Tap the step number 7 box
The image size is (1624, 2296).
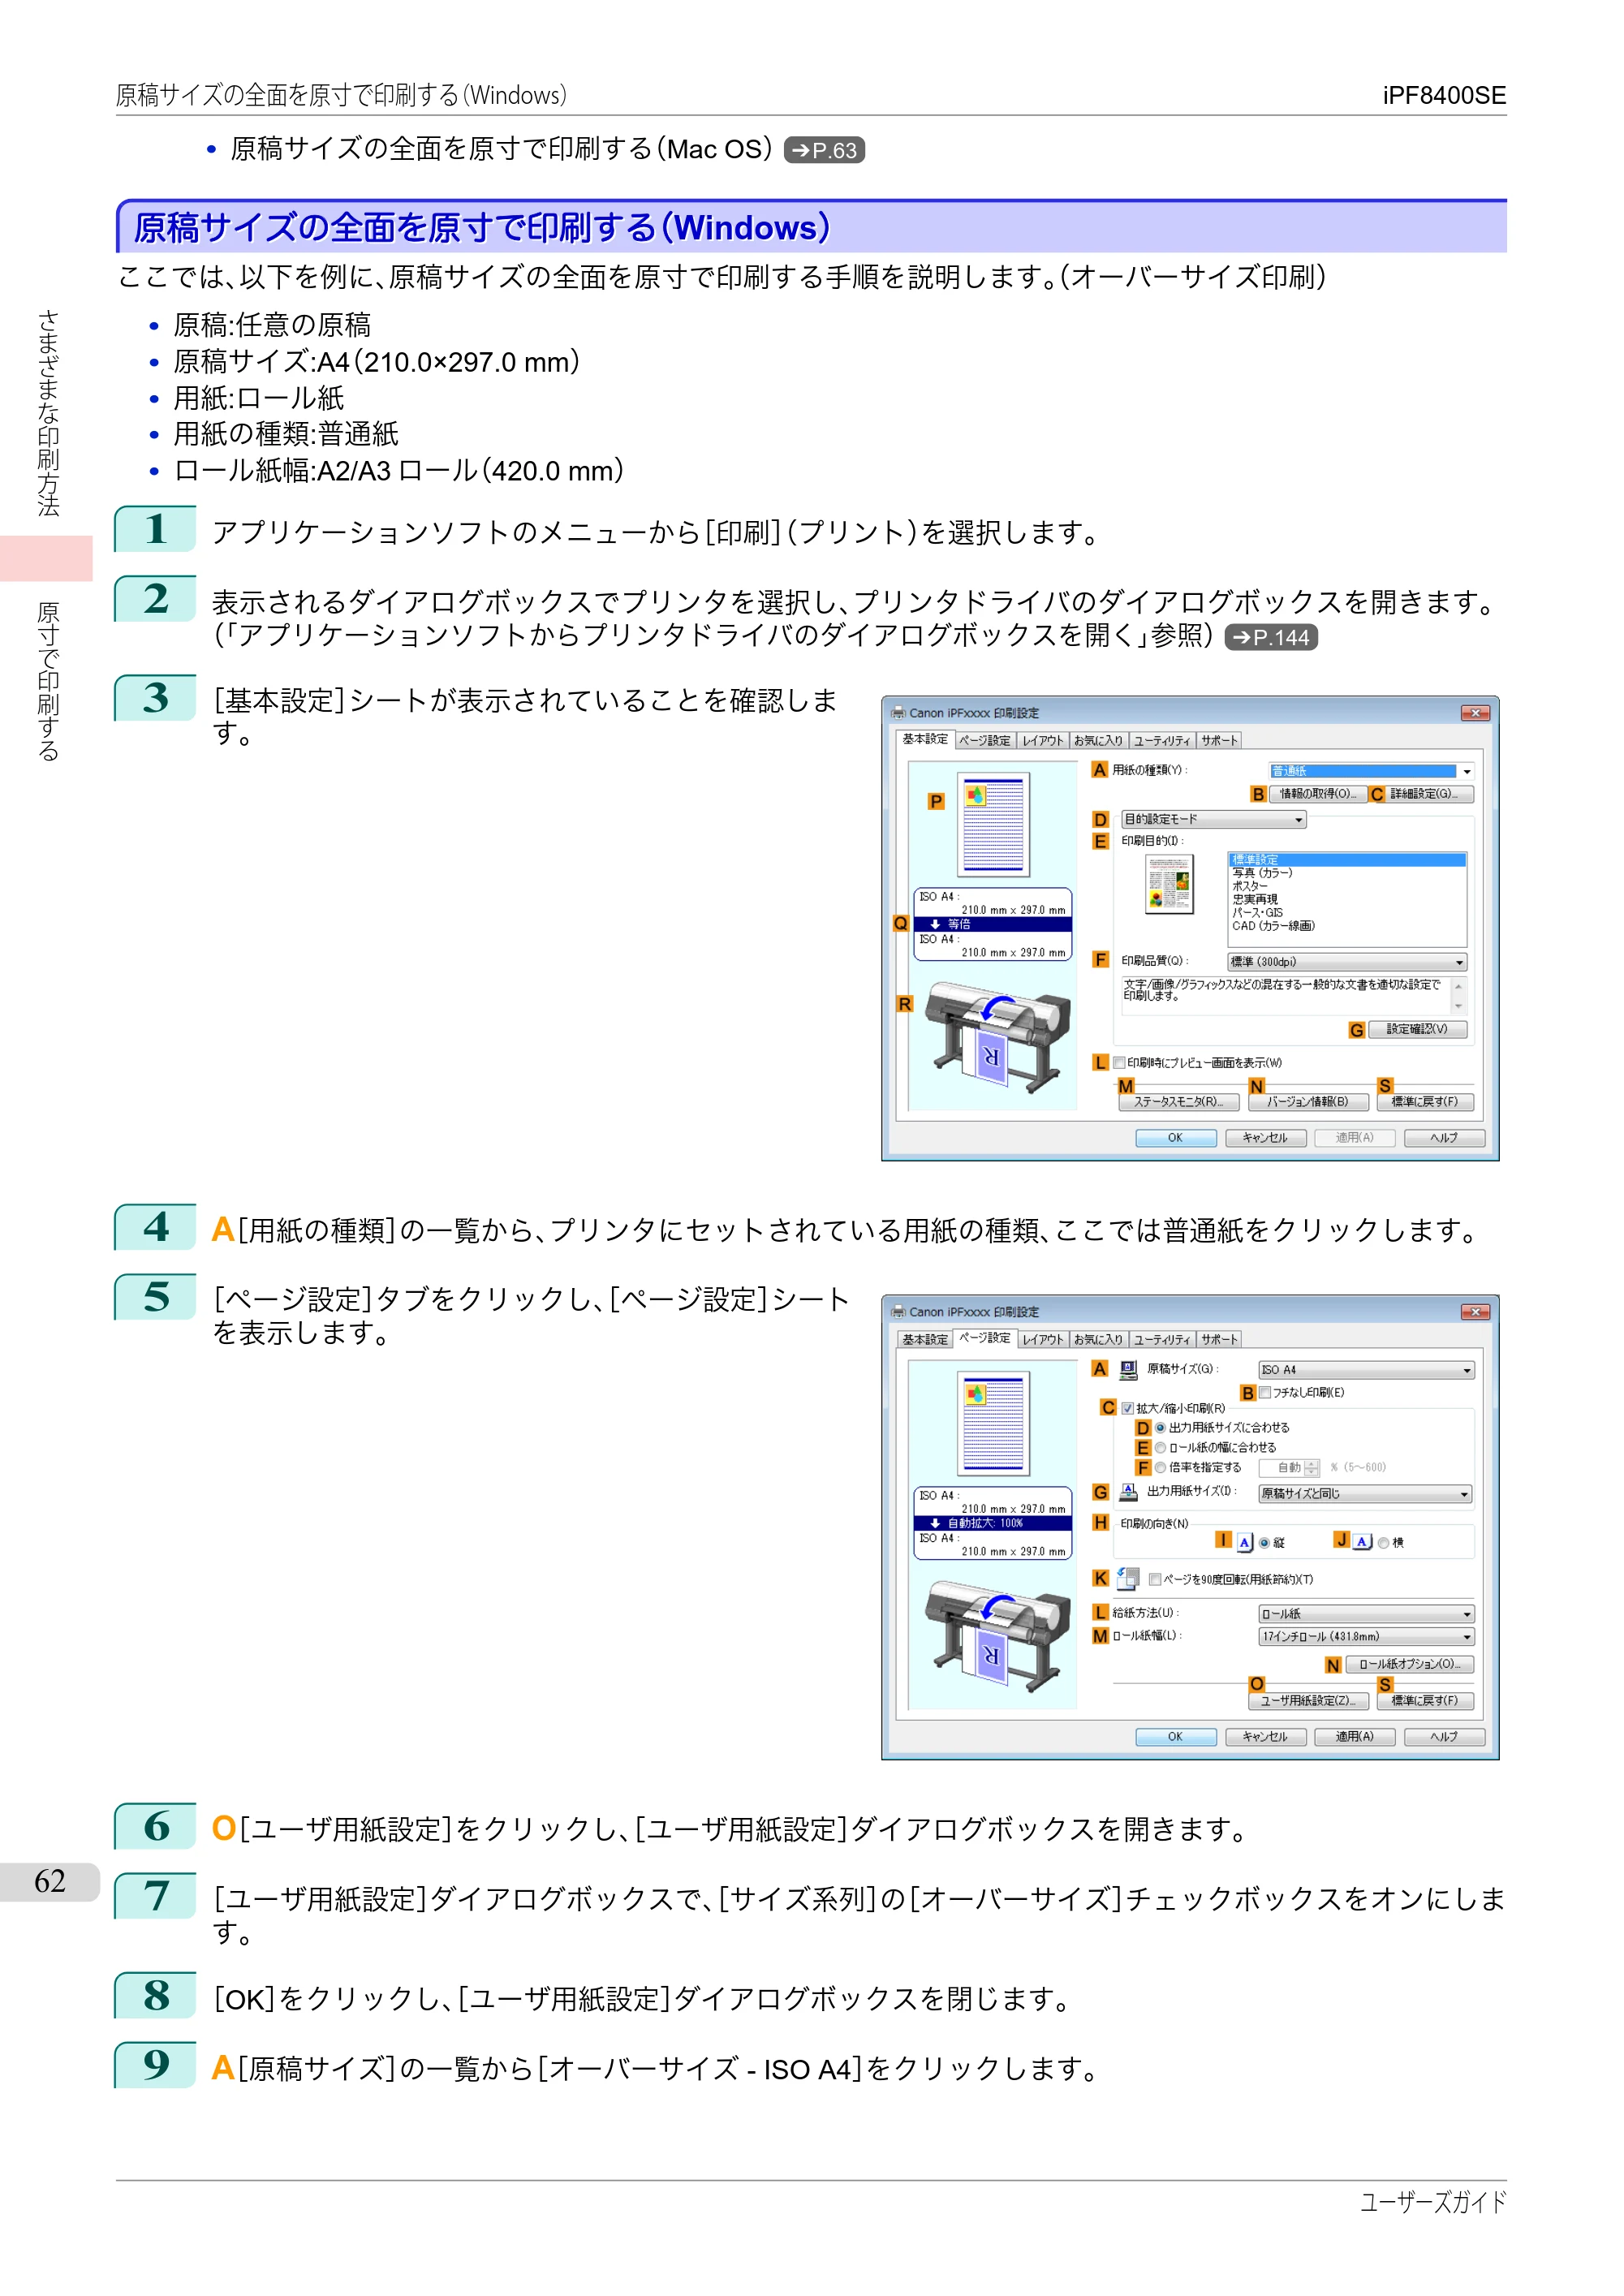click(x=155, y=1896)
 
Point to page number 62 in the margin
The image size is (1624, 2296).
click(x=50, y=1881)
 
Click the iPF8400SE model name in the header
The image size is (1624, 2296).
click(x=1444, y=95)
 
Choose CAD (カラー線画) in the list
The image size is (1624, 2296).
click(x=1273, y=926)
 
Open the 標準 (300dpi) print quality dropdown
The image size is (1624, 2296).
click(x=1347, y=962)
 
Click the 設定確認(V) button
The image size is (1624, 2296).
click(x=1417, y=1029)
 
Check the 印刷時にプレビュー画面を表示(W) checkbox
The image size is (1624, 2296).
click(x=1120, y=1063)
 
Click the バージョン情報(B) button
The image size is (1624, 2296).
click(x=1308, y=1102)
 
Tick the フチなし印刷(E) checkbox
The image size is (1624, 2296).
click(x=1265, y=1392)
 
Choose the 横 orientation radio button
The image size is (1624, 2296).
click(x=1383, y=1543)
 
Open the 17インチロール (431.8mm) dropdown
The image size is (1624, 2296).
click(x=1366, y=1637)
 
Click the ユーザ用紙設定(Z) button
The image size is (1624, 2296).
click(x=1308, y=1701)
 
